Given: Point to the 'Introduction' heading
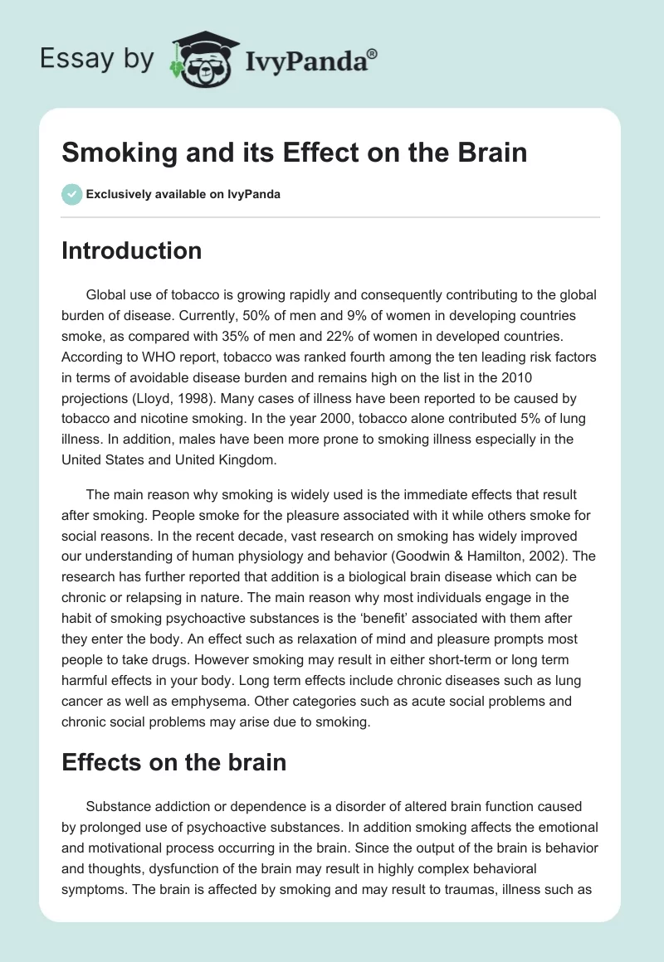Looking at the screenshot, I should [x=131, y=250].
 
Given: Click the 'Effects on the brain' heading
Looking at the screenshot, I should [x=173, y=763].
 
